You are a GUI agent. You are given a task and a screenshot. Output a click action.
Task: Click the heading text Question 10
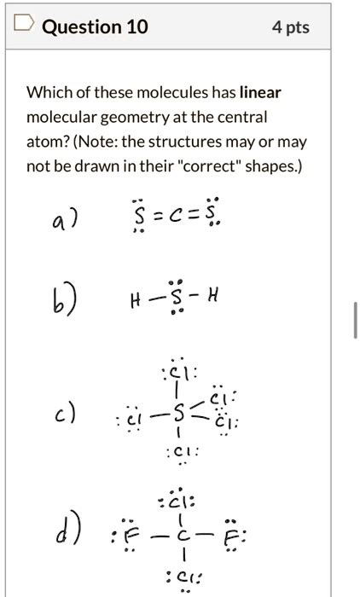click(95, 26)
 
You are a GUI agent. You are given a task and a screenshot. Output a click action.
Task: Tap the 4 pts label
click(290, 26)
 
